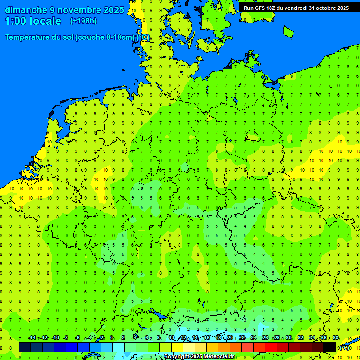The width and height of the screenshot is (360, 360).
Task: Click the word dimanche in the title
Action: click(26, 10)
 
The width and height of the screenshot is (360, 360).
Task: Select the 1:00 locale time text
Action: click(33, 21)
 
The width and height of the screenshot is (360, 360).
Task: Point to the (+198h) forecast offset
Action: click(83, 21)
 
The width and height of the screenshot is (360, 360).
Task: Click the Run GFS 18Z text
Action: click(258, 8)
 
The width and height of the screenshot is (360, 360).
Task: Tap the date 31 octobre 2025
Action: click(328, 8)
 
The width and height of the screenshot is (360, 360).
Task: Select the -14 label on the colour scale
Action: click(32, 337)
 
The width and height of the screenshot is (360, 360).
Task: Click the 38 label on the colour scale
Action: click(336, 337)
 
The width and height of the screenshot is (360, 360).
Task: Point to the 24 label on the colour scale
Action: click(254, 337)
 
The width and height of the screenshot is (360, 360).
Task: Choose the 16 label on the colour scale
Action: click(207, 337)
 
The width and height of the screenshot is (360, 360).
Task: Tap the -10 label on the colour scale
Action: click(55, 337)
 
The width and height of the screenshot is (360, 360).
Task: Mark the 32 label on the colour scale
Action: click(300, 337)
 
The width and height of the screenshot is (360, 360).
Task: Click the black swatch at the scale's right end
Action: click(330, 347)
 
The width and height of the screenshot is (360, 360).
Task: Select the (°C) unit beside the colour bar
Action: click(345, 347)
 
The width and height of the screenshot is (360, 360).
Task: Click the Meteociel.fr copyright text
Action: click(199, 357)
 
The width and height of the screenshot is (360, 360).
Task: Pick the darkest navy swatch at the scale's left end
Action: click(25, 347)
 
